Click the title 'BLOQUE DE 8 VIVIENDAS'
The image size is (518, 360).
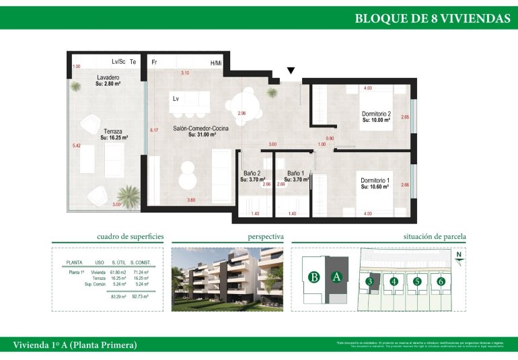(x=432, y=18)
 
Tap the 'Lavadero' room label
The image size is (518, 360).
(x=108, y=77)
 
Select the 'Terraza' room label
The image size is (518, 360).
(x=114, y=131)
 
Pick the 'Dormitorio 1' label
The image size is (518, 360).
(x=375, y=180)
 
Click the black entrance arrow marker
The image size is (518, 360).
(x=291, y=70)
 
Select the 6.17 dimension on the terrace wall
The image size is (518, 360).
(x=153, y=130)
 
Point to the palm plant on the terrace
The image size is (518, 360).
(x=127, y=196)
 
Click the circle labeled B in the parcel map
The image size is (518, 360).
(x=313, y=277)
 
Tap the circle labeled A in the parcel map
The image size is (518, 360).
(x=336, y=277)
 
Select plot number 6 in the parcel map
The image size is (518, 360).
(x=441, y=281)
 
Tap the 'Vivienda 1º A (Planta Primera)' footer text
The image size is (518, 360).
(x=75, y=345)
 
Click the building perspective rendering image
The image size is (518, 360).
(x=227, y=279)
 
